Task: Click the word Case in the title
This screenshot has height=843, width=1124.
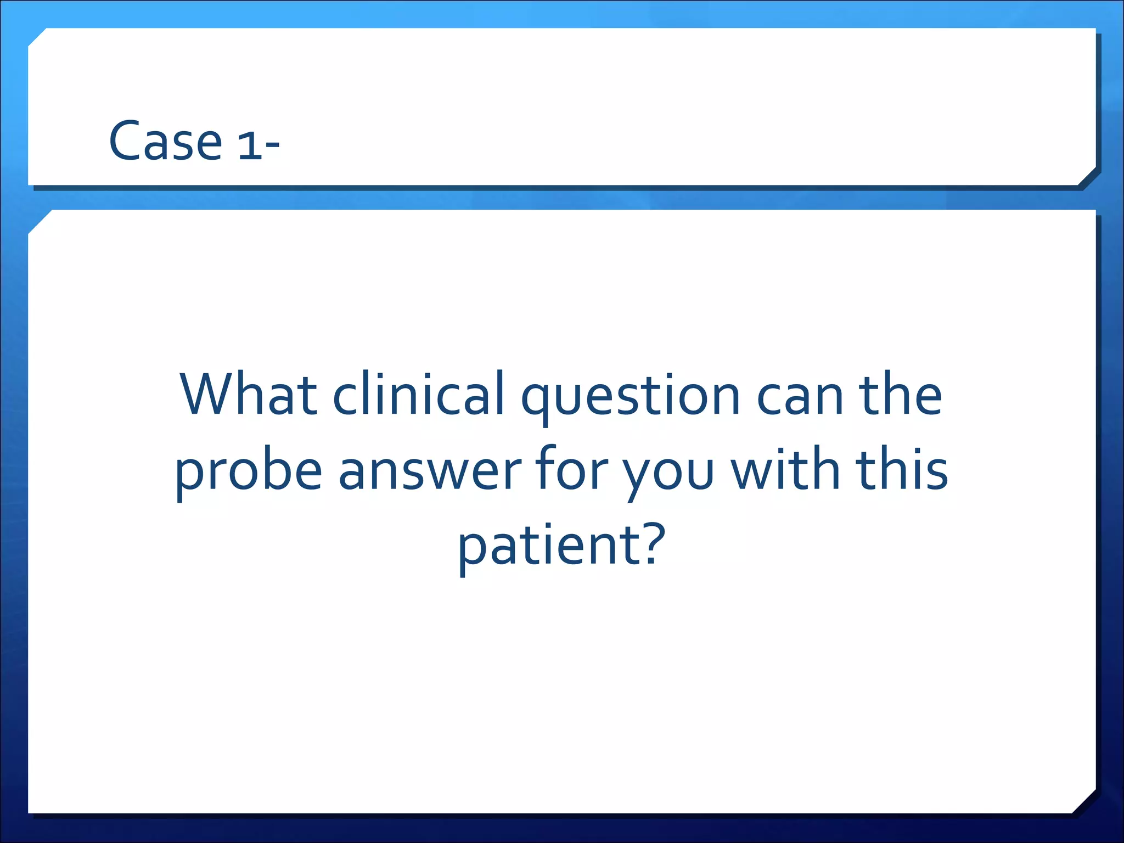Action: [165, 142]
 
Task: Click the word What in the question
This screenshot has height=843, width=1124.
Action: [249, 394]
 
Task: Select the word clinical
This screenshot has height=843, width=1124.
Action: [419, 394]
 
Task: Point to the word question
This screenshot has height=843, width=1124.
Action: [631, 398]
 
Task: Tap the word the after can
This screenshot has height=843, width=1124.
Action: [900, 394]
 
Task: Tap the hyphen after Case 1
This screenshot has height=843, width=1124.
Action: [272, 146]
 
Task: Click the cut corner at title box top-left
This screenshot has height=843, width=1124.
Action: [37, 37]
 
